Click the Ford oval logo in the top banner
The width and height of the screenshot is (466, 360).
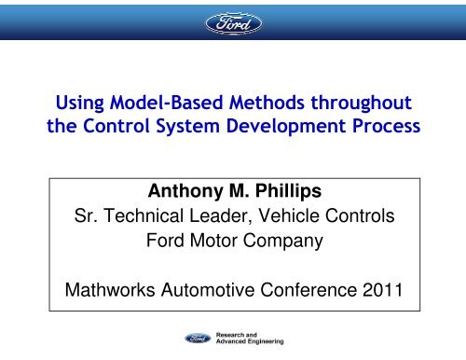click(232, 22)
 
